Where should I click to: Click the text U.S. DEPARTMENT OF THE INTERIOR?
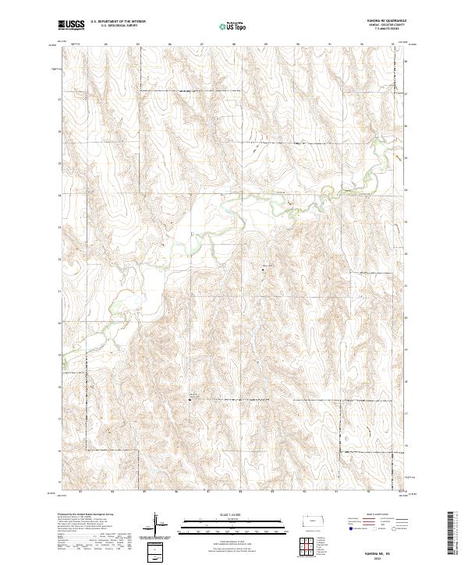point(116,22)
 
